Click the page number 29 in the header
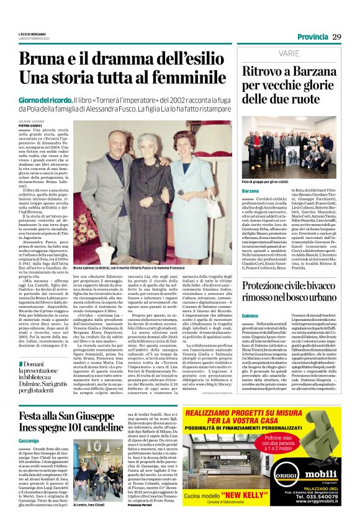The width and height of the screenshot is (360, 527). (336, 37)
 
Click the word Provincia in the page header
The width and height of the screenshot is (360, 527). (312, 37)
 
